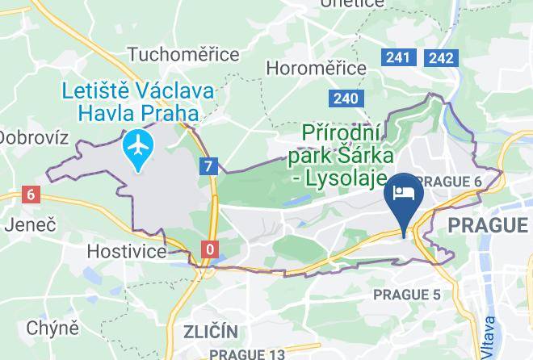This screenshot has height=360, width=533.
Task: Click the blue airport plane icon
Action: point(140,147)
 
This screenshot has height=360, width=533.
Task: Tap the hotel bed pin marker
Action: point(403,194)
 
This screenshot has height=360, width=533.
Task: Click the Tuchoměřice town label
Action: point(183,54)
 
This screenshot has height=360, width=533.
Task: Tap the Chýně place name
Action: point(52,327)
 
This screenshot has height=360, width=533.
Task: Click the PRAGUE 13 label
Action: point(247,354)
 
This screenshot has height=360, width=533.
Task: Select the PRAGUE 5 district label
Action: point(407,295)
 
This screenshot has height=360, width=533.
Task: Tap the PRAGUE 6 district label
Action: point(451,182)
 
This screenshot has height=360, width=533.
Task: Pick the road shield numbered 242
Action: point(441,57)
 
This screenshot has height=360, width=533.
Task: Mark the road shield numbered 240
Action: point(344,98)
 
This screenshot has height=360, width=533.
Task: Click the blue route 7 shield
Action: point(210,166)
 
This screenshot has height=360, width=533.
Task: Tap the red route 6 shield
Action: point(31,194)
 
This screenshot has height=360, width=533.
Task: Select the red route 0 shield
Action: point(210,249)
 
